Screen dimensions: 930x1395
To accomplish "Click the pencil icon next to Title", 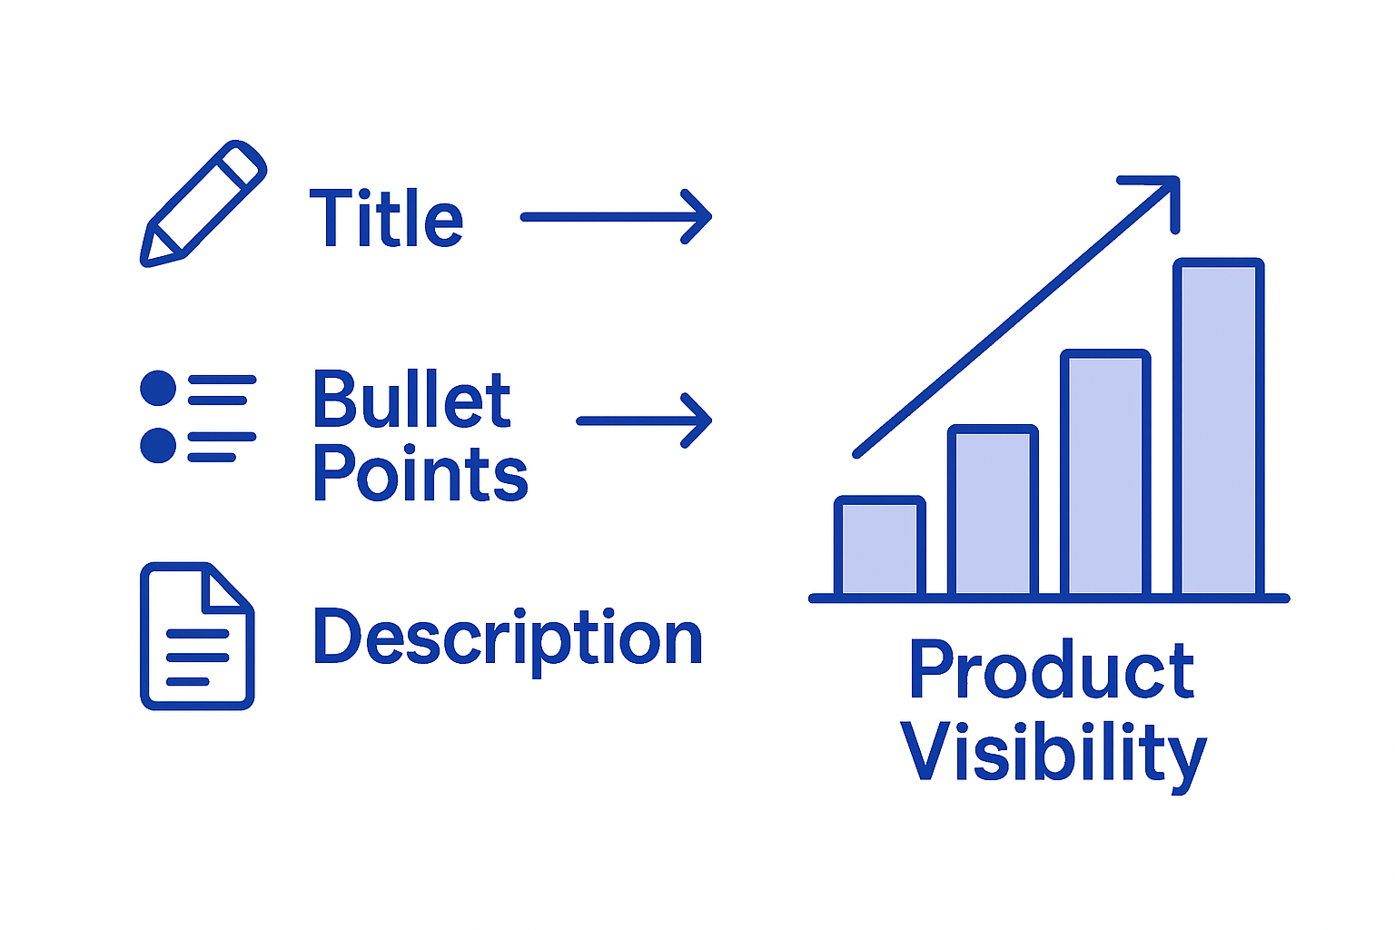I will point(203,203).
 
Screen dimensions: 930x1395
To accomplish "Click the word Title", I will point(386,218).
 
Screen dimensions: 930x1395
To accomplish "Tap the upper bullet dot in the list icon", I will point(158,388).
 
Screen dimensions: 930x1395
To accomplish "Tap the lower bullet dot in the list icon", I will point(158,445).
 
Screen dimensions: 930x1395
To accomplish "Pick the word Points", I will point(420,473).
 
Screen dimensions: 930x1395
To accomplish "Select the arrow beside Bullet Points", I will point(644,420).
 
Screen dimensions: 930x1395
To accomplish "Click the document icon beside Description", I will point(196,636).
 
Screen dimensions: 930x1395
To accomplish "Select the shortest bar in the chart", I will point(880,547).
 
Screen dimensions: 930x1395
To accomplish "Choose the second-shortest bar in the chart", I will point(993,510).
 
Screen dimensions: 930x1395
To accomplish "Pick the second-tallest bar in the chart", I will point(1105,473).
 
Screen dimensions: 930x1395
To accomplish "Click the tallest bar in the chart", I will point(1218,428).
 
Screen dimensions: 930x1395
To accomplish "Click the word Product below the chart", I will point(1051,670).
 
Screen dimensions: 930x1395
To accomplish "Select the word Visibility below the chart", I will point(1054,753).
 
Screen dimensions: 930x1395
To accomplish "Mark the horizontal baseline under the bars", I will point(1049,598).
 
